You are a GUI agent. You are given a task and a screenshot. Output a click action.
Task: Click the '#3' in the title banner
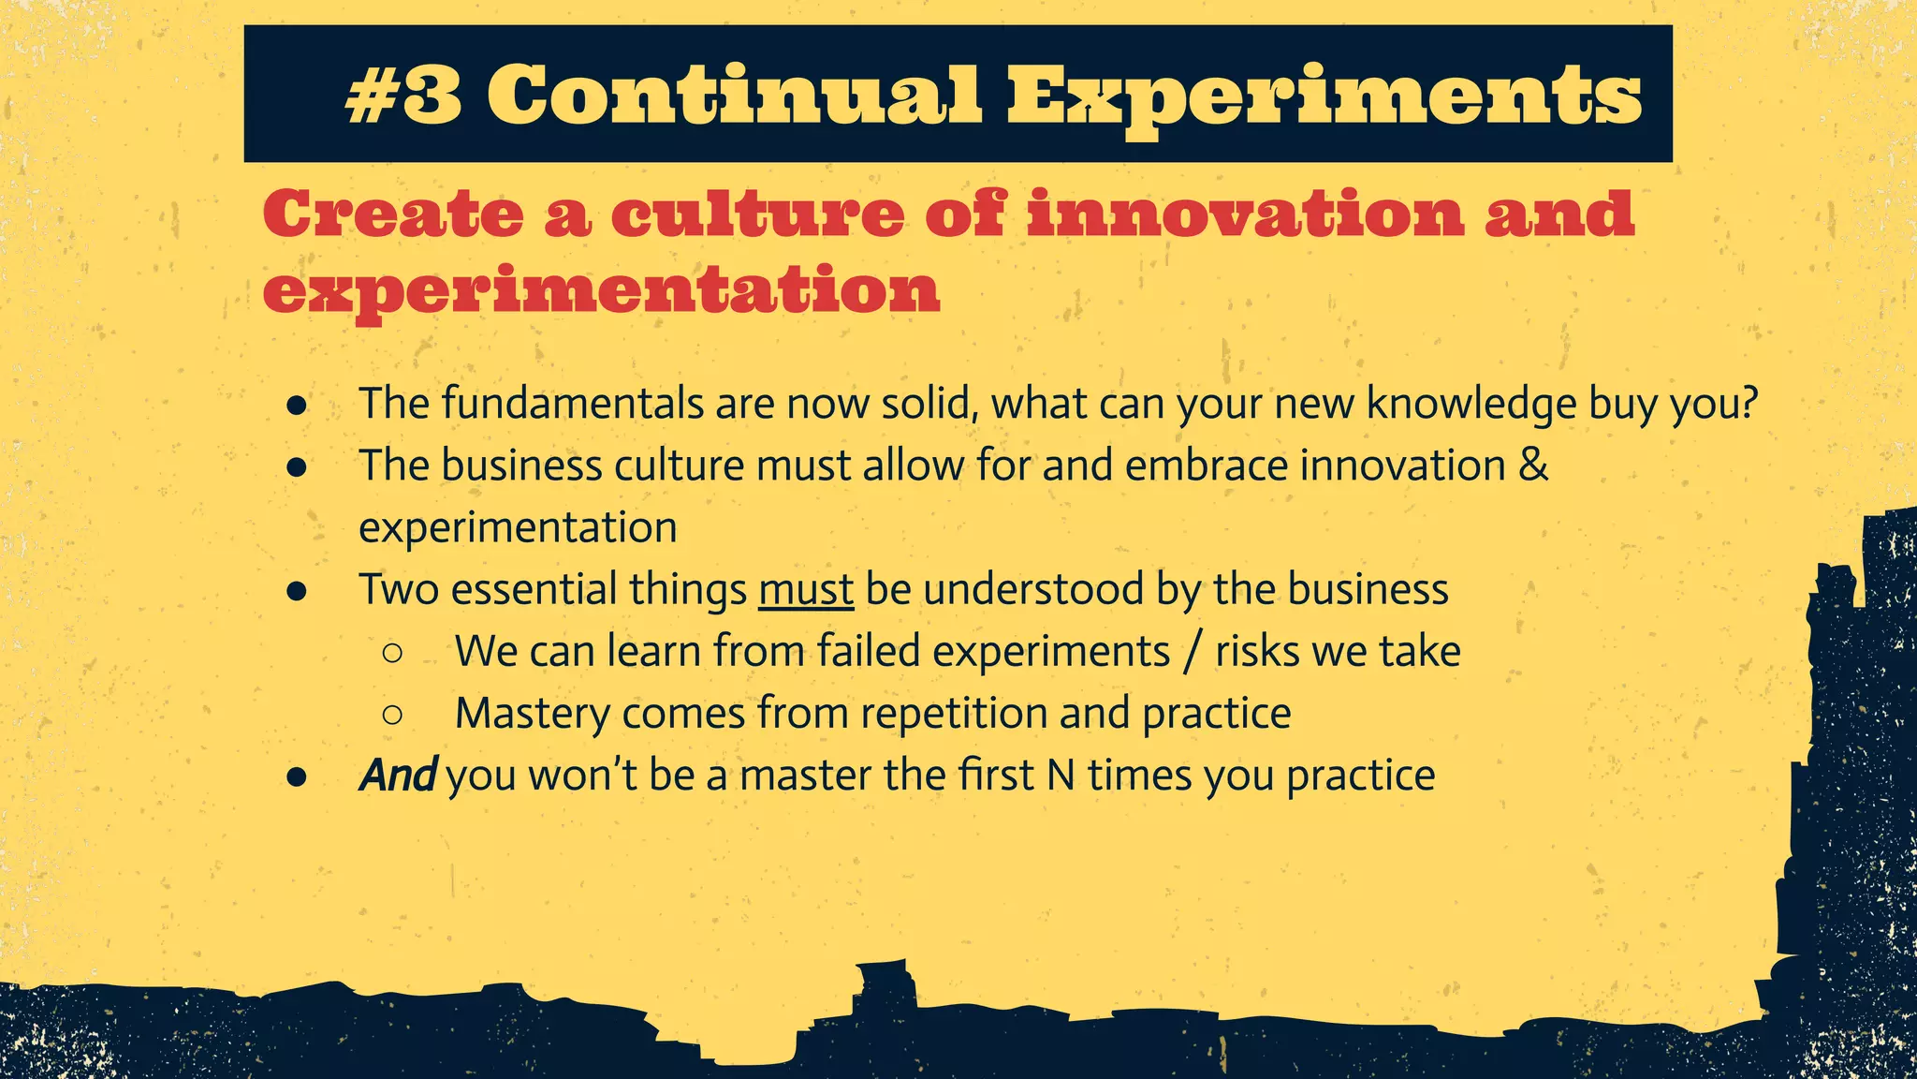pyautogui.click(x=403, y=95)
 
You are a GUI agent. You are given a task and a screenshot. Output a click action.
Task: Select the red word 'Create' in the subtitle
pyautogui.click(x=393, y=214)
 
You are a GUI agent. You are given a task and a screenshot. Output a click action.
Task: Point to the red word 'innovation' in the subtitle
pyautogui.click(x=1245, y=214)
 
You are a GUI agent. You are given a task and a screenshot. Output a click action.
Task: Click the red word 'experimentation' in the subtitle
pyautogui.click(x=601, y=292)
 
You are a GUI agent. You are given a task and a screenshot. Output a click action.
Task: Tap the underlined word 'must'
pyautogui.click(x=806, y=590)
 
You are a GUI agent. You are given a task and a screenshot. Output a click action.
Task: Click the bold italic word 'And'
pyautogui.click(x=398, y=776)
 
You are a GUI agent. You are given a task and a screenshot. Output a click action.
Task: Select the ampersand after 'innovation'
pyautogui.click(x=1533, y=466)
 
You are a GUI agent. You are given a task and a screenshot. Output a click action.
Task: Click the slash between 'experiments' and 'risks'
pyautogui.click(x=1193, y=652)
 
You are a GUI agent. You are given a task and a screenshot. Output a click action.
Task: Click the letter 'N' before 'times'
pyautogui.click(x=1061, y=776)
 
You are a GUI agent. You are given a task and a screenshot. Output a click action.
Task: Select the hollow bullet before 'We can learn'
pyautogui.click(x=393, y=653)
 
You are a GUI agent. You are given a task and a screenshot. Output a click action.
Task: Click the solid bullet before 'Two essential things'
pyautogui.click(x=298, y=591)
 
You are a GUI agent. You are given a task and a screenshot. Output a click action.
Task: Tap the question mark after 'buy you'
pyautogui.click(x=1747, y=404)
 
